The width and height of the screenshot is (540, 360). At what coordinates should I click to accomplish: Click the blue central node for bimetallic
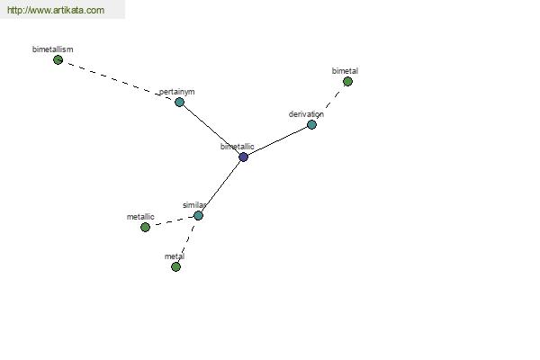[x=244, y=157]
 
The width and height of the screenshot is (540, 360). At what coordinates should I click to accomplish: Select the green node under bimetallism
[x=58, y=60]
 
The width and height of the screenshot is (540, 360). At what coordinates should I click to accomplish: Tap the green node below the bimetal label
[x=347, y=82]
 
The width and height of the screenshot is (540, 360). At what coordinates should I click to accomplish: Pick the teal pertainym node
[x=179, y=102]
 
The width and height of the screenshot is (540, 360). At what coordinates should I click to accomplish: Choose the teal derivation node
[x=311, y=125]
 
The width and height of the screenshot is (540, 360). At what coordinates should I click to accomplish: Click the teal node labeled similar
[x=198, y=216]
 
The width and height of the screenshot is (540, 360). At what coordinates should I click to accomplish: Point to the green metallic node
[x=145, y=227]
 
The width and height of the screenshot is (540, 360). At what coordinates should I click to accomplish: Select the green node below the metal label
[x=176, y=266]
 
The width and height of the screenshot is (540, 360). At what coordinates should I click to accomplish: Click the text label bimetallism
[x=53, y=49]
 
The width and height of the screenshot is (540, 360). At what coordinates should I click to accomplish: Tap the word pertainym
[x=177, y=92]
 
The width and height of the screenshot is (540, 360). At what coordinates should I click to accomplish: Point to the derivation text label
[x=306, y=114]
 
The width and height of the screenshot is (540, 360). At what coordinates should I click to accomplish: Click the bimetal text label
[x=345, y=71]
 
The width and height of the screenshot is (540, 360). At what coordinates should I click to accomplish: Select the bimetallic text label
[x=238, y=147]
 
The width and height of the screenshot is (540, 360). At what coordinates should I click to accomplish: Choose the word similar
[x=194, y=205]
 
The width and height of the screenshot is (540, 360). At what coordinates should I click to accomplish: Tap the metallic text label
[x=140, y=217]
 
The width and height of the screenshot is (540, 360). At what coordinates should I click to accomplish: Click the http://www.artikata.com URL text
[x=56, y=10]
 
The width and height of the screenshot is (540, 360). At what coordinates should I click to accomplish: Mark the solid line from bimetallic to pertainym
[x=211, y=130]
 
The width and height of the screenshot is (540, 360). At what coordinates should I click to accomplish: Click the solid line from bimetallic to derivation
[x=277, y=141]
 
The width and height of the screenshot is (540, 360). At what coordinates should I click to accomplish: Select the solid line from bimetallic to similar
[x=221, y=186]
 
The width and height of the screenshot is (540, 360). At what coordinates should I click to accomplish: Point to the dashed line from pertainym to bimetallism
[x=119, y=81]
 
